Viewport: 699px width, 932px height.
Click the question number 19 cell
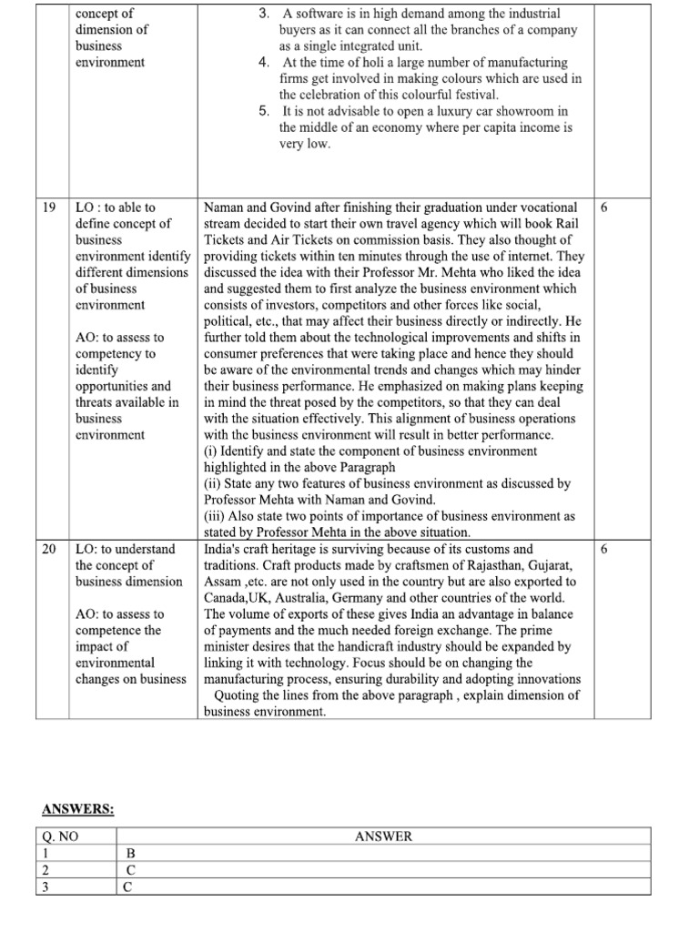(51, 208)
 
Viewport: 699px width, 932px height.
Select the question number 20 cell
(51, 550)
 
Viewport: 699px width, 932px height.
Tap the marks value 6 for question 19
(604, 208)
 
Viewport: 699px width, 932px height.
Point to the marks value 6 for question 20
(604, 550)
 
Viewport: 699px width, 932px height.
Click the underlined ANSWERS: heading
(78, 809)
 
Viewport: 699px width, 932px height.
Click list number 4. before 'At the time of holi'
(263, 62)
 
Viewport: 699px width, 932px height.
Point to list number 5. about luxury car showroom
(263, 111)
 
